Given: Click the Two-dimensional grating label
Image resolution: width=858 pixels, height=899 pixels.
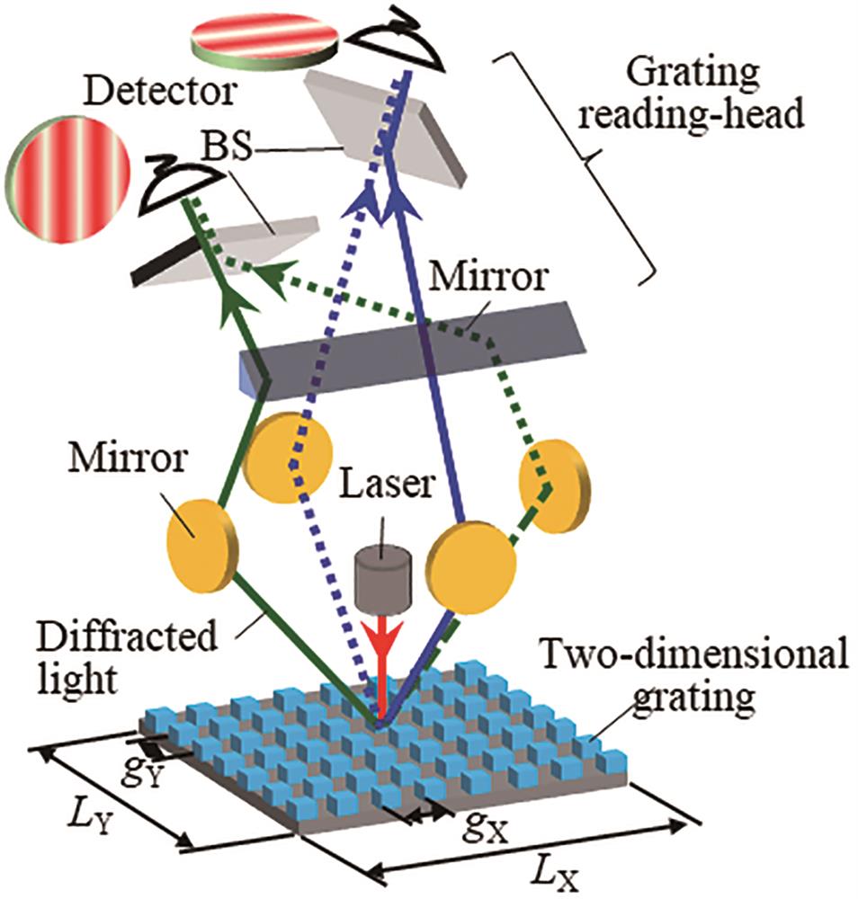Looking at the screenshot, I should coord(696,680).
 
